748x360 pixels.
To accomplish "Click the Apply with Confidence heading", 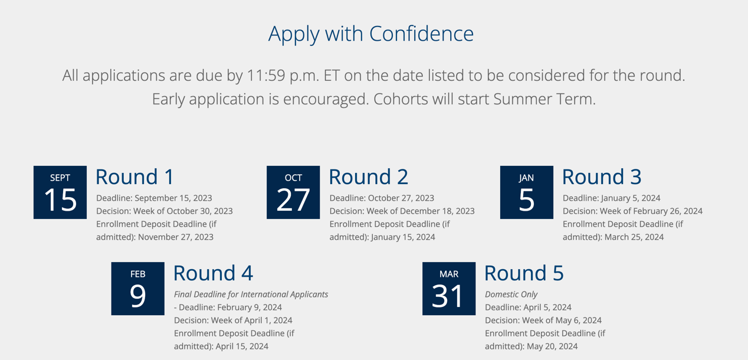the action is click(x=370, y=34).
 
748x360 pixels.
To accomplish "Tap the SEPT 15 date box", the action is click(x=60, y=192).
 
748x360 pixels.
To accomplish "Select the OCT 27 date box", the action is click(x=293, y=192).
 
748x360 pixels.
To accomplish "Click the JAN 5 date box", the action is click(x=527, y=192).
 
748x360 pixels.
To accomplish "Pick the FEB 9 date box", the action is click(x=137, y=289).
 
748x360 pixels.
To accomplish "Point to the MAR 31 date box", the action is click(x=449, y=289).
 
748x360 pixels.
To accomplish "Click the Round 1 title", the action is click(x=135, y=176).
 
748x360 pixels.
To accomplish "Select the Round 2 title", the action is click(x=369, y=176).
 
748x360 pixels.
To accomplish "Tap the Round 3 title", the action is click(x=602, y=176).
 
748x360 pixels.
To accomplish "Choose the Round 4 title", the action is click(x=214, y=273).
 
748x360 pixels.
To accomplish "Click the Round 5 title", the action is click(x=524, y=273).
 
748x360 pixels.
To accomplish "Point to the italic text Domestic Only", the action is click(x=511, y=294).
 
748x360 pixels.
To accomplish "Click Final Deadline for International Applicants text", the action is click(x=251, y=294).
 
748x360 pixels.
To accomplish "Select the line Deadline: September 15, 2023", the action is click(x=155, y=198).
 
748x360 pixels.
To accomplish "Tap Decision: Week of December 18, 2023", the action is click(x=402, y=211).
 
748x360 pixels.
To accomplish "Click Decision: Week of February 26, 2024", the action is click(x=633, y=211).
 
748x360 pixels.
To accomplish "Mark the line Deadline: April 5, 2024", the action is click(x=529, y=307).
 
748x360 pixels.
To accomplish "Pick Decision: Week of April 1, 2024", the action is click(x=233, y=320).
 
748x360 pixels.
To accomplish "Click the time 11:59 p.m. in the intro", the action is click(x=283, y=76).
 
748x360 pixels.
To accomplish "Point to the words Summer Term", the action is click(x=544, y=99).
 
